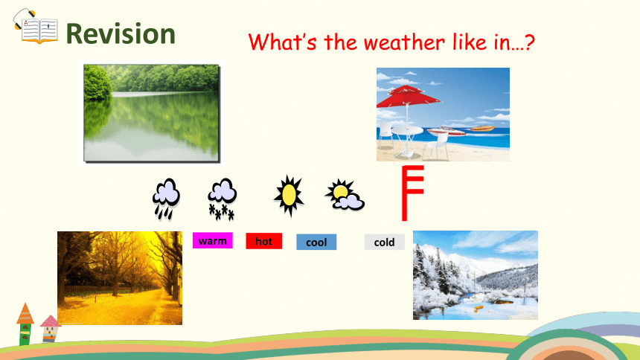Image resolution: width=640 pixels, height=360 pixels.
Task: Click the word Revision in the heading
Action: (121, 34)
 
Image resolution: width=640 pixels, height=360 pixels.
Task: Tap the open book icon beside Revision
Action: (36, 28)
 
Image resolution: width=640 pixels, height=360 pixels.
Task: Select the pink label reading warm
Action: (213, 240)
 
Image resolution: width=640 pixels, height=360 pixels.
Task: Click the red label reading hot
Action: (263, 241)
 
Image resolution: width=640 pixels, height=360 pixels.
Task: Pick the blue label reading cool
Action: (316, 242)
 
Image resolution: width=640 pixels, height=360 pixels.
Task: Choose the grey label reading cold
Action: (385, 242)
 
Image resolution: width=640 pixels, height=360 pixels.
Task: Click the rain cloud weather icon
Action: (166, 199)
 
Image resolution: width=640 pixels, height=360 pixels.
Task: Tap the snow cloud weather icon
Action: (222, 199)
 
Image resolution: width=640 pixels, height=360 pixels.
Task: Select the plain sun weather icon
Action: (289, 196)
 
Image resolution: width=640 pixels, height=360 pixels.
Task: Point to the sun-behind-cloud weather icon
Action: (345, 195)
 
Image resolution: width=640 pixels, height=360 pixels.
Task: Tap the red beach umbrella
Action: (408, 99)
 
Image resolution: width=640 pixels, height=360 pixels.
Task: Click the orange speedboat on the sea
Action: (482, 129)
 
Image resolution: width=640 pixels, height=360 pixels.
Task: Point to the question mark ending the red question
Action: (529, 42)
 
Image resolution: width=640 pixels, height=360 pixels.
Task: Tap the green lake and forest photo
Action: (151, 112)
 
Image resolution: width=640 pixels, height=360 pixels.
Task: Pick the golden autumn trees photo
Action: (120, 278)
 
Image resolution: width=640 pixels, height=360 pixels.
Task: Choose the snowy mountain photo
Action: (476, 275)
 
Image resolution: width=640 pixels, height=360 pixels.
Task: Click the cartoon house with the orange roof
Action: (25, 324)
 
